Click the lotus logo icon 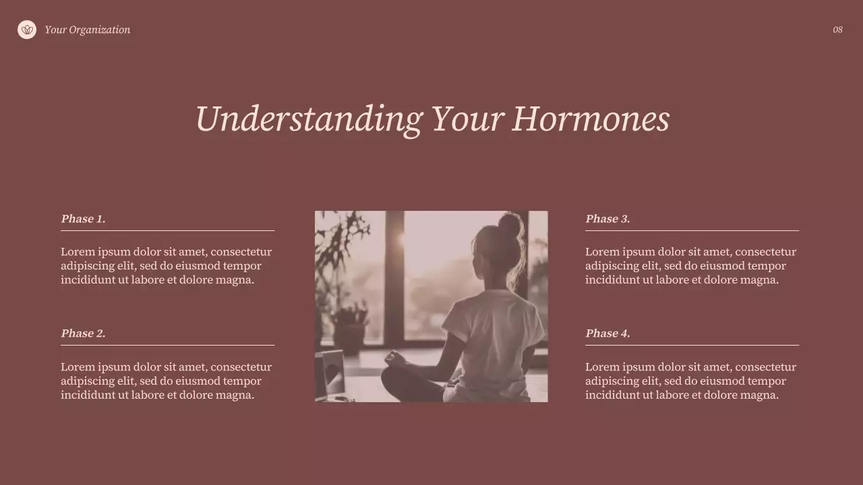tap(27, 30)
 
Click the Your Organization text tap(88, 30)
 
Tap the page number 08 tap(837, 30)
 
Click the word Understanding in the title tap(308, 119)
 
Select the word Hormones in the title tap(590, 119)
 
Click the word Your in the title tap(467, 119)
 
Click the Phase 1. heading tap(83, 219)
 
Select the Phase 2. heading tap(83, 333)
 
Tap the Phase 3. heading tap(607, 219)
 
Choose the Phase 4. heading tap(607, 333)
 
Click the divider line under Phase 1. tap(167, 230)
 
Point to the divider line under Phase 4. tap(692, 345)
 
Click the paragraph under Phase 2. tap(166, 381)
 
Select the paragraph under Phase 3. tap(690, 265)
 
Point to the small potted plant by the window tap(351, 323)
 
